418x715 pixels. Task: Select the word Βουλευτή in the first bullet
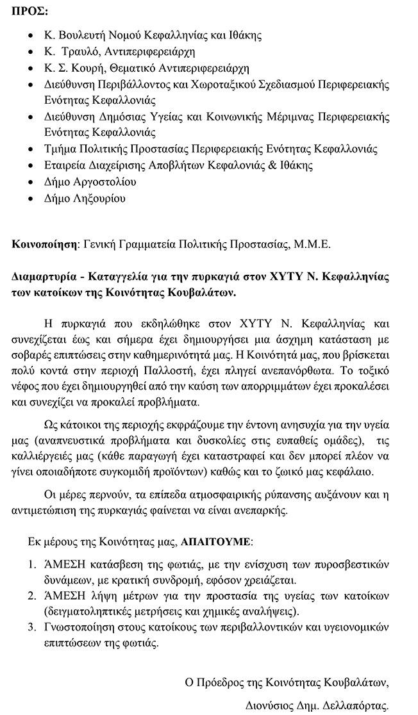(85, 35)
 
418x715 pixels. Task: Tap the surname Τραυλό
(90, 51)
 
